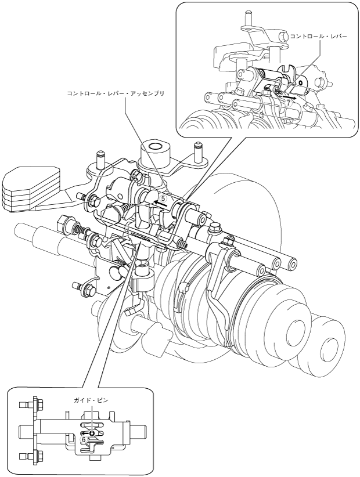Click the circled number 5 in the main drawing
coord(163,197)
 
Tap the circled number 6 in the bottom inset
coord(83,440)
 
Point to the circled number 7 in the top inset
coord(287,102)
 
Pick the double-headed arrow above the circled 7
coord(294,98)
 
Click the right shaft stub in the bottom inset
coord(140,432)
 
